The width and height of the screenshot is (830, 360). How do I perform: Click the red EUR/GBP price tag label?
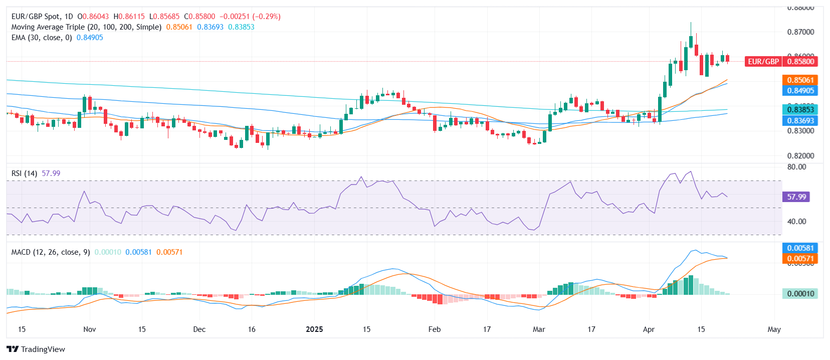click(x=763, y=62)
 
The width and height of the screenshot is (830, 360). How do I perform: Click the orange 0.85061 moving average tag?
click(x=800, y=80)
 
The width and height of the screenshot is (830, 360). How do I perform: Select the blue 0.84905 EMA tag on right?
click(x=800, y=91)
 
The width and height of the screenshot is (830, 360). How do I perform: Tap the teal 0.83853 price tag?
click(x=800, y=110)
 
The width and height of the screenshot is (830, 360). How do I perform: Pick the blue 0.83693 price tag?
click(x=800, y=121)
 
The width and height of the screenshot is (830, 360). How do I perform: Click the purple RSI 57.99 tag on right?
click(x=796, y=197)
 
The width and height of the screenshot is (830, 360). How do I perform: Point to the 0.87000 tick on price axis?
click(x=800, y=32)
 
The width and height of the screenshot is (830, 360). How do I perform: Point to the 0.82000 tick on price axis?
click(x=800, y=156)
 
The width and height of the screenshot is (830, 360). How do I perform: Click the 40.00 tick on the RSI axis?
click(x=796, y=222)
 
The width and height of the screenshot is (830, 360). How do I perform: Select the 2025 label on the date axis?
click(x=314, y=329)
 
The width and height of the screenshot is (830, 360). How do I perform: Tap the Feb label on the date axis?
click(x=435, y=329)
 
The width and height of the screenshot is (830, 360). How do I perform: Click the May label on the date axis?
click(x=774, y=329)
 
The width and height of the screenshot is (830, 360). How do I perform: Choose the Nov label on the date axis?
click(x=89, y=329)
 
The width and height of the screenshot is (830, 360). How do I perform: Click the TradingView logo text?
click(x=43, y=349)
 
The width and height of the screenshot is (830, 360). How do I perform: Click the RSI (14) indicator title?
click(x=24, y=173)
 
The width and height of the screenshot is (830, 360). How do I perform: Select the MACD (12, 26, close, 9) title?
click(x=51, y=252)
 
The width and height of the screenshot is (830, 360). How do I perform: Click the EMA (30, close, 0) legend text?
click(x=42, y=38)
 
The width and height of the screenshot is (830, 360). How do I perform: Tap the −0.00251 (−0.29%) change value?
click(x=250, y=17)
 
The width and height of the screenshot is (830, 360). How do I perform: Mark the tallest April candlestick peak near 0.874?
click(x=691, y=23)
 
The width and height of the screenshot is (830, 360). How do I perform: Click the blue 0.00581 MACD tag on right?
click(x=800, y=248)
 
